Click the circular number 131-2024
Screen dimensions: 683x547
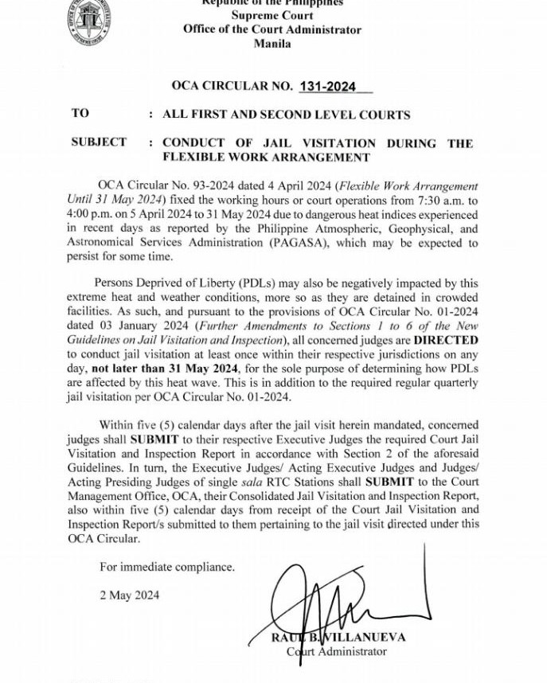tap(327, 87)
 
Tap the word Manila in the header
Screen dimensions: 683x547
tap(272, 44)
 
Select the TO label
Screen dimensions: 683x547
tap(80, 113)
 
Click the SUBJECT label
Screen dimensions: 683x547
tap(99, 142)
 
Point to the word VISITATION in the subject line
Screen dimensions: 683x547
tap(333, 143)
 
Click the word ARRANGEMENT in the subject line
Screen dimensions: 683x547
tap(309, 157)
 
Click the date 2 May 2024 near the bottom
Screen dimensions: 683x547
tap(129, 595)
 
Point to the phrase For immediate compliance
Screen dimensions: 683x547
tap(167, 567)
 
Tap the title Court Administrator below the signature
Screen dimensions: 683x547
tap(337, 651)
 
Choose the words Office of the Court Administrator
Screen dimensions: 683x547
tap(272, 29)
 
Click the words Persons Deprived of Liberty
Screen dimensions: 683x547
tap(168, 282)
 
